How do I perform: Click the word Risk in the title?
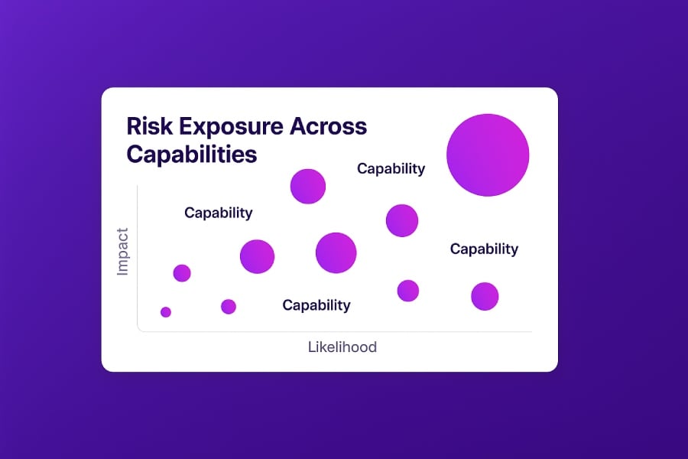tap(149, 126)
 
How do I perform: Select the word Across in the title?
tap(328, 126)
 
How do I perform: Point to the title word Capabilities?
tap(192, 155)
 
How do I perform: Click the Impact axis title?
tap(122, 252)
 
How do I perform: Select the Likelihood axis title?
tap(342, 347)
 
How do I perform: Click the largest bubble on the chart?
tap(488, 155)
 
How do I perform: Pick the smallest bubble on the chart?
tap(166, 312)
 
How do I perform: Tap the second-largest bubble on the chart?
tap(336, 253)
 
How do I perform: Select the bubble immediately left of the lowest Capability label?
tap(229, 307)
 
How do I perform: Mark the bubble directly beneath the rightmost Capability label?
tap(485, 297)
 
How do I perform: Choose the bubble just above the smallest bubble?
tap(182, 273)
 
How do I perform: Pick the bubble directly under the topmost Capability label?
tap(402, 220)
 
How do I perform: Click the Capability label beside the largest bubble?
tap(391, 168)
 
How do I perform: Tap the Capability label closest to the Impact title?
tap(219, 213)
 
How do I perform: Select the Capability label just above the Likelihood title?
tap(316, 305)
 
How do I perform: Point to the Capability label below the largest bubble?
tap(484, 249)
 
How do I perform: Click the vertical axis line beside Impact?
tap(138, 257)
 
